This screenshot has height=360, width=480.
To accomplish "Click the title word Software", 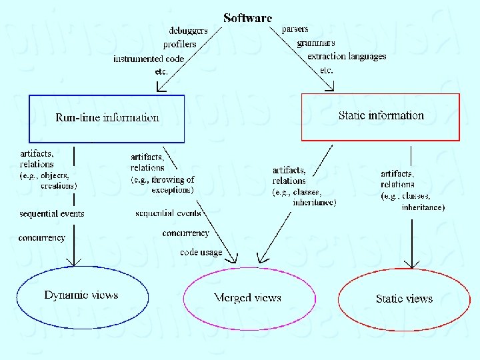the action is coord(247,18).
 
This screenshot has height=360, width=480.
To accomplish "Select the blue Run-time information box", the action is coord(107,118).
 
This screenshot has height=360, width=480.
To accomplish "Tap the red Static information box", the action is coord(381,116).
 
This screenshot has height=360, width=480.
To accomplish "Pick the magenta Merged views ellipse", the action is coord(247,298).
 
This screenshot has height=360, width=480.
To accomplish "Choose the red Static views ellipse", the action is coord(404,299).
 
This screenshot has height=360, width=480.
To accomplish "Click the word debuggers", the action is coord(188,31).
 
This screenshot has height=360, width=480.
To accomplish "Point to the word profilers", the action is coord(180,44).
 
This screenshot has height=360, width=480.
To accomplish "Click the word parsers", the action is coord(295,30).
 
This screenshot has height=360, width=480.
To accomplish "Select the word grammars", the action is coord(316,43).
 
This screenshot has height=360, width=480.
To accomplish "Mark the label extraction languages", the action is coord(347,56).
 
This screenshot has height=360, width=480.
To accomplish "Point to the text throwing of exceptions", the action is coord(163,185).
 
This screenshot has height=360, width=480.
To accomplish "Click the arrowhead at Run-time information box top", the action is coord(159,87).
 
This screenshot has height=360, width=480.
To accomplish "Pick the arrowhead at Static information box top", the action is coord(330,87).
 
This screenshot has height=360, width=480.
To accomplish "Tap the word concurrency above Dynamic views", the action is coord(42,237).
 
